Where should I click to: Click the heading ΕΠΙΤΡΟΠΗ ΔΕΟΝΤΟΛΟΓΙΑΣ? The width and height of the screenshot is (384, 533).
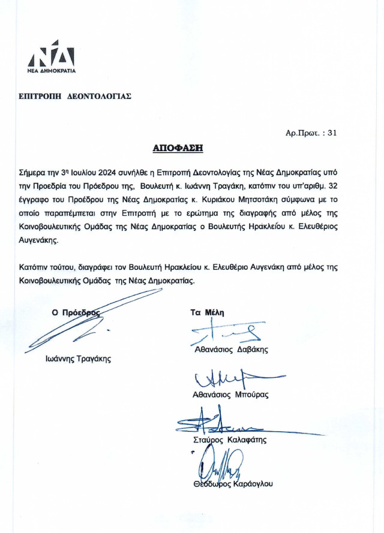tap(75, 96)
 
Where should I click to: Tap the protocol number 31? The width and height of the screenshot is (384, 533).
tap(332, 133)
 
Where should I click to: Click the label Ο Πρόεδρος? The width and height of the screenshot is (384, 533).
tap(76, 312)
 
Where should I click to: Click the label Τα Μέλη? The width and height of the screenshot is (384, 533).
tap(206, 312)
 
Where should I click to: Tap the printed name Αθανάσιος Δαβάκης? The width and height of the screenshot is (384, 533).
tap(230, 349)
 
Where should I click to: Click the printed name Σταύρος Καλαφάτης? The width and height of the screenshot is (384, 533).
tap(229, 439)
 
